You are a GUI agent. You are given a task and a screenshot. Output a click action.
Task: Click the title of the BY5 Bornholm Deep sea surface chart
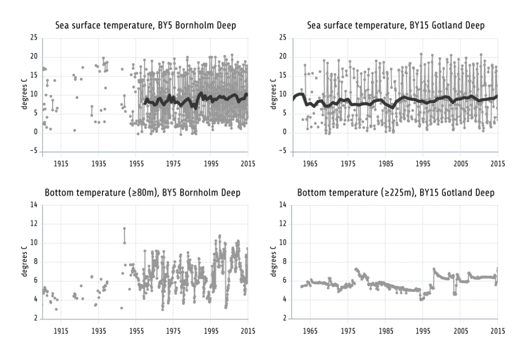click(145, 26)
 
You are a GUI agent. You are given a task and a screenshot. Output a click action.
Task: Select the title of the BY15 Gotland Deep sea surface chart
click(396, 26)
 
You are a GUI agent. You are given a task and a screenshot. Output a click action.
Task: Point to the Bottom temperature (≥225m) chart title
click(396, 193)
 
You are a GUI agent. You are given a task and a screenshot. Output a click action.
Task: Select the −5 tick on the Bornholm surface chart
click(32, 151)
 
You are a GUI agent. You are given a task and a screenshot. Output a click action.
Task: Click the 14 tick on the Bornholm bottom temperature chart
click(34, 205)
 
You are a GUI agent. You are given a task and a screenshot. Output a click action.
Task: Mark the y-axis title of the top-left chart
click(24, 95)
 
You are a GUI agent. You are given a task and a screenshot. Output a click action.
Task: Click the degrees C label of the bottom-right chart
click(273, 262)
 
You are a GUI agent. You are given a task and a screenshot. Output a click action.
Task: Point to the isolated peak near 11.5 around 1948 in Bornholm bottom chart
click(124, 229)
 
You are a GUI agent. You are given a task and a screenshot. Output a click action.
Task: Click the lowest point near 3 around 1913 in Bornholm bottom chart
click(56, 309)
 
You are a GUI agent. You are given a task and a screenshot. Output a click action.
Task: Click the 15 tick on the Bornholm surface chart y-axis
click(34, 75)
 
